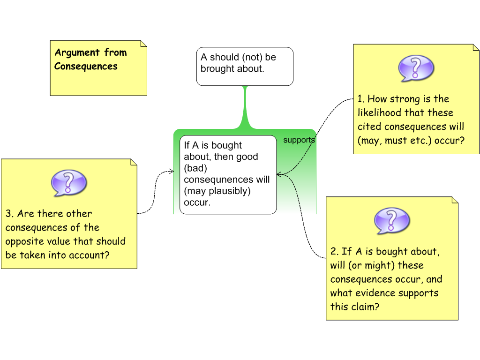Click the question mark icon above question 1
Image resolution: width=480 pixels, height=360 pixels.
coord(416,68)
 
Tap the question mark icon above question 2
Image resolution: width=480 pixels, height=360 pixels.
coord(392,220)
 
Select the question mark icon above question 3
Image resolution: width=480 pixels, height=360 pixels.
coord(69,182)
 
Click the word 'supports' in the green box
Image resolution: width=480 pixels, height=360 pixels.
coord(299,140)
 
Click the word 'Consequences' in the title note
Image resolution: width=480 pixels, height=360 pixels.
coord(86,66)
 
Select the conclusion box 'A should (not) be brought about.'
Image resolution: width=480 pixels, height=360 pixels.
coord(245,66)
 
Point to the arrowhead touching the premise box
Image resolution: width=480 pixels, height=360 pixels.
coord(279,175)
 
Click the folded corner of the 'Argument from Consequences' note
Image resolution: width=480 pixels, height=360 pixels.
coord(143,44)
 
